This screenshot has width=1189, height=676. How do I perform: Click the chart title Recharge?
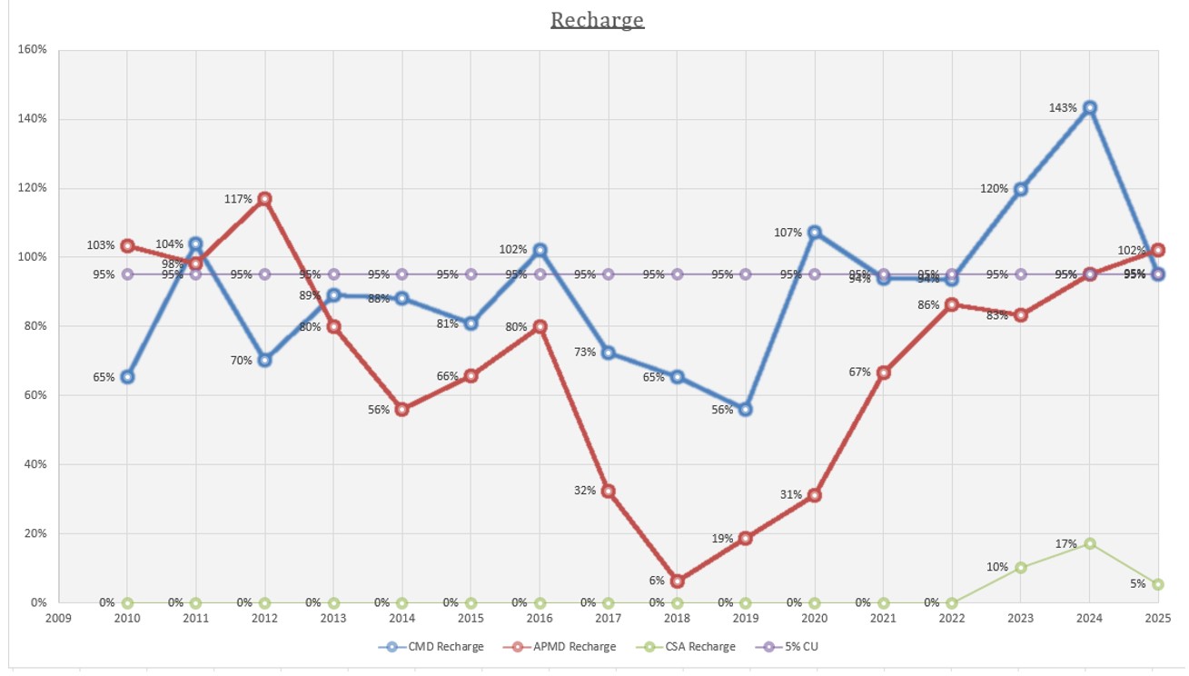[x=597, y=20]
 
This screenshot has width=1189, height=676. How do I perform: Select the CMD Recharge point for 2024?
[x=1089, y=107]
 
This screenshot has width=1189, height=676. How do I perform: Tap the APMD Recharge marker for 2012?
[x=264, y=198]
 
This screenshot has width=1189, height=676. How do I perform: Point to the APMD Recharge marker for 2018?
[x=677, y=582]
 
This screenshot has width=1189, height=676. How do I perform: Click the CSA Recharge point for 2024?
[x=1089, y=543]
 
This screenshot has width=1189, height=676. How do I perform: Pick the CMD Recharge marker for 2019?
[x=746, y=409]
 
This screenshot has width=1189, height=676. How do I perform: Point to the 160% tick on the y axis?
[x=33, y=49]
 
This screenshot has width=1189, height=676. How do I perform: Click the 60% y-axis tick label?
[x=35, y=395]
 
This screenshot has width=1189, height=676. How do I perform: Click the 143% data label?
[x=1062, y=107]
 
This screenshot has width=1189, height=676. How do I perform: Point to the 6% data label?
[x=655, y=580]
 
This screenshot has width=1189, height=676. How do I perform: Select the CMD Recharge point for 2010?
[x=127, y=376]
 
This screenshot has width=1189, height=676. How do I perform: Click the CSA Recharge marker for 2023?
[x=1020, y=568]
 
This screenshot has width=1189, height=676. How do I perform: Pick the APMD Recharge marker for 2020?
[x=815, y=495]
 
